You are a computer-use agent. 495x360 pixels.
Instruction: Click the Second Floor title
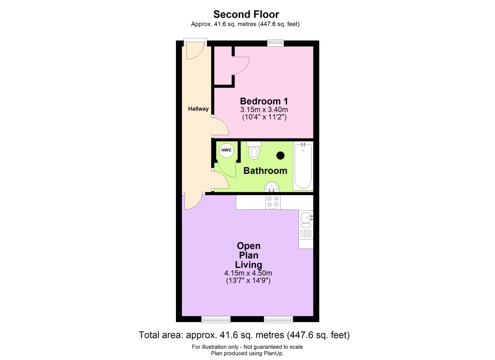pyautogui.click(x=246, y=15)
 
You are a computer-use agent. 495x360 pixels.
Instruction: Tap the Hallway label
pyautogui.click(x=198, y=109)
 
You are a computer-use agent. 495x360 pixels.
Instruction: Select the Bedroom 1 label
pyautogui.click(x=264, y=101)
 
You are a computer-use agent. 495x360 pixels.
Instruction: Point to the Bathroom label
pyautogui.click(x=265, y=171)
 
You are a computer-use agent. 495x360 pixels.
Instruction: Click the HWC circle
pyautogui.click(x=227, y=150)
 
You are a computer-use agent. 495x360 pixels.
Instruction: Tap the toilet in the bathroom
pyautogui.click(x=254, y=151)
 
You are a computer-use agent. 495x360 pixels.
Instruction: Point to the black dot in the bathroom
pyautogui.click(x=281, y=155)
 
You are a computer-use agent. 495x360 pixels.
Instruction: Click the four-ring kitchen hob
pyautogui.click(x=273, y=202)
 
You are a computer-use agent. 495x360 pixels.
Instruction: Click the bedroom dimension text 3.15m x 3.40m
pyautogui.click(x=264, y=110)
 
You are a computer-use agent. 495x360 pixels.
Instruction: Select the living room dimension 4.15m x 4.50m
pyautogui.click(x=248, y=273)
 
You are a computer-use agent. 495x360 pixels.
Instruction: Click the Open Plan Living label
pyautogui.click(x=249, y=255)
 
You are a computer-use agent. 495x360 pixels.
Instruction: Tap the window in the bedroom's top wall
pyautogui.click(x=275, y=43)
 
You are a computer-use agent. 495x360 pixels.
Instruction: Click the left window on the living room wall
pyautogui.click(x=216, y=320)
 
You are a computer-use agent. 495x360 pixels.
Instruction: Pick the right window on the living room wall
pyautogui.click(x=278, y=320)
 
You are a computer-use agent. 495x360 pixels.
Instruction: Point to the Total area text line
pyautogui.click(x=244, y=335)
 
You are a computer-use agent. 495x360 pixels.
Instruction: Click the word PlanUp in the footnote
pyautogui.click(x=274, y=353)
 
